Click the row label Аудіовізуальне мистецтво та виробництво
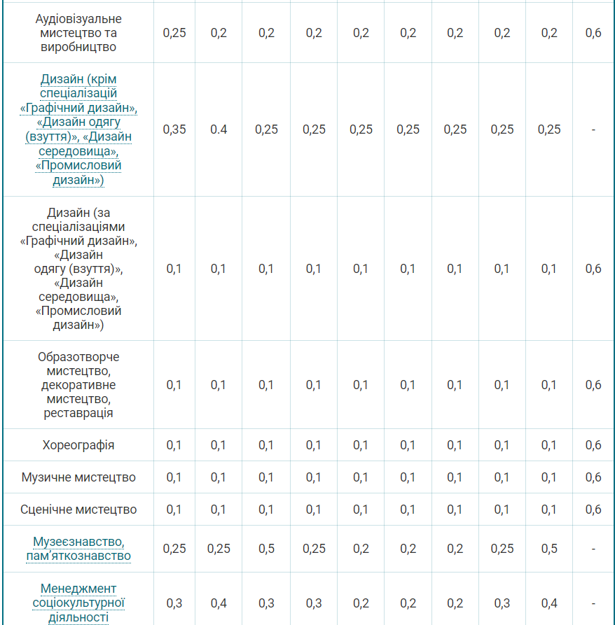click(78, 33)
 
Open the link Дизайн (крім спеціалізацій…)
click(78, 129)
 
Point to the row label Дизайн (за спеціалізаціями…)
click(78, 269)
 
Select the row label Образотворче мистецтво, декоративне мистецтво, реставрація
click(78, 385)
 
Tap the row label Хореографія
click(78, 445)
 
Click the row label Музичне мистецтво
click(78, 477)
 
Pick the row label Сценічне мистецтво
click(78, 510)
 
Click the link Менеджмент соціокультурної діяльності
click(78, 603)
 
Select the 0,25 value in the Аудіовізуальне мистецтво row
click(174, 33)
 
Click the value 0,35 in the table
click(174, 129)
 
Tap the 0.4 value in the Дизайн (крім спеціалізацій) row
click(219, 129)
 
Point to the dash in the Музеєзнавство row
click(593, 549)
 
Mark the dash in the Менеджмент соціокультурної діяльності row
click(593, 603)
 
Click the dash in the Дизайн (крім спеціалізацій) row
click(593, 129)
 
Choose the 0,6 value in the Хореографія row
click(593, 445)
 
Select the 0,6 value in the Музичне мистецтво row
click(593, 477)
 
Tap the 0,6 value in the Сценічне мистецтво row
click(593, 510)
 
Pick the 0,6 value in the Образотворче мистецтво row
click(593, 385)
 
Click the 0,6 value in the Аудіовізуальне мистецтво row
click(593, 33)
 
